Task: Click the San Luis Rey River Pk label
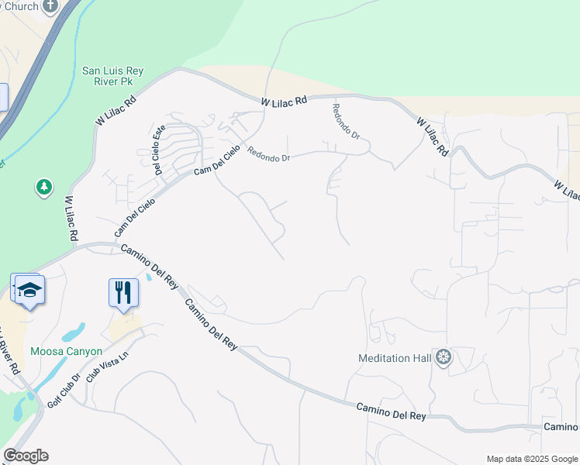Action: (112, 76)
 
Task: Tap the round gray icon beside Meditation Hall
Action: (444, 357)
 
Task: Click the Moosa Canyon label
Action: (66, 351)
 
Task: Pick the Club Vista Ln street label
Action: (106, 370)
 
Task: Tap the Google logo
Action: (26, 456)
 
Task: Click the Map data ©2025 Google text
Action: (531, 459)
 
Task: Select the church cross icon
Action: (51, 5)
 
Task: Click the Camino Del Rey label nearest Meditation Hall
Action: (391, 412)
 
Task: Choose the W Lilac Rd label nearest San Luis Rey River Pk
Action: (116, 110)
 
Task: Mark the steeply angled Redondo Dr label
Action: (346, 121)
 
